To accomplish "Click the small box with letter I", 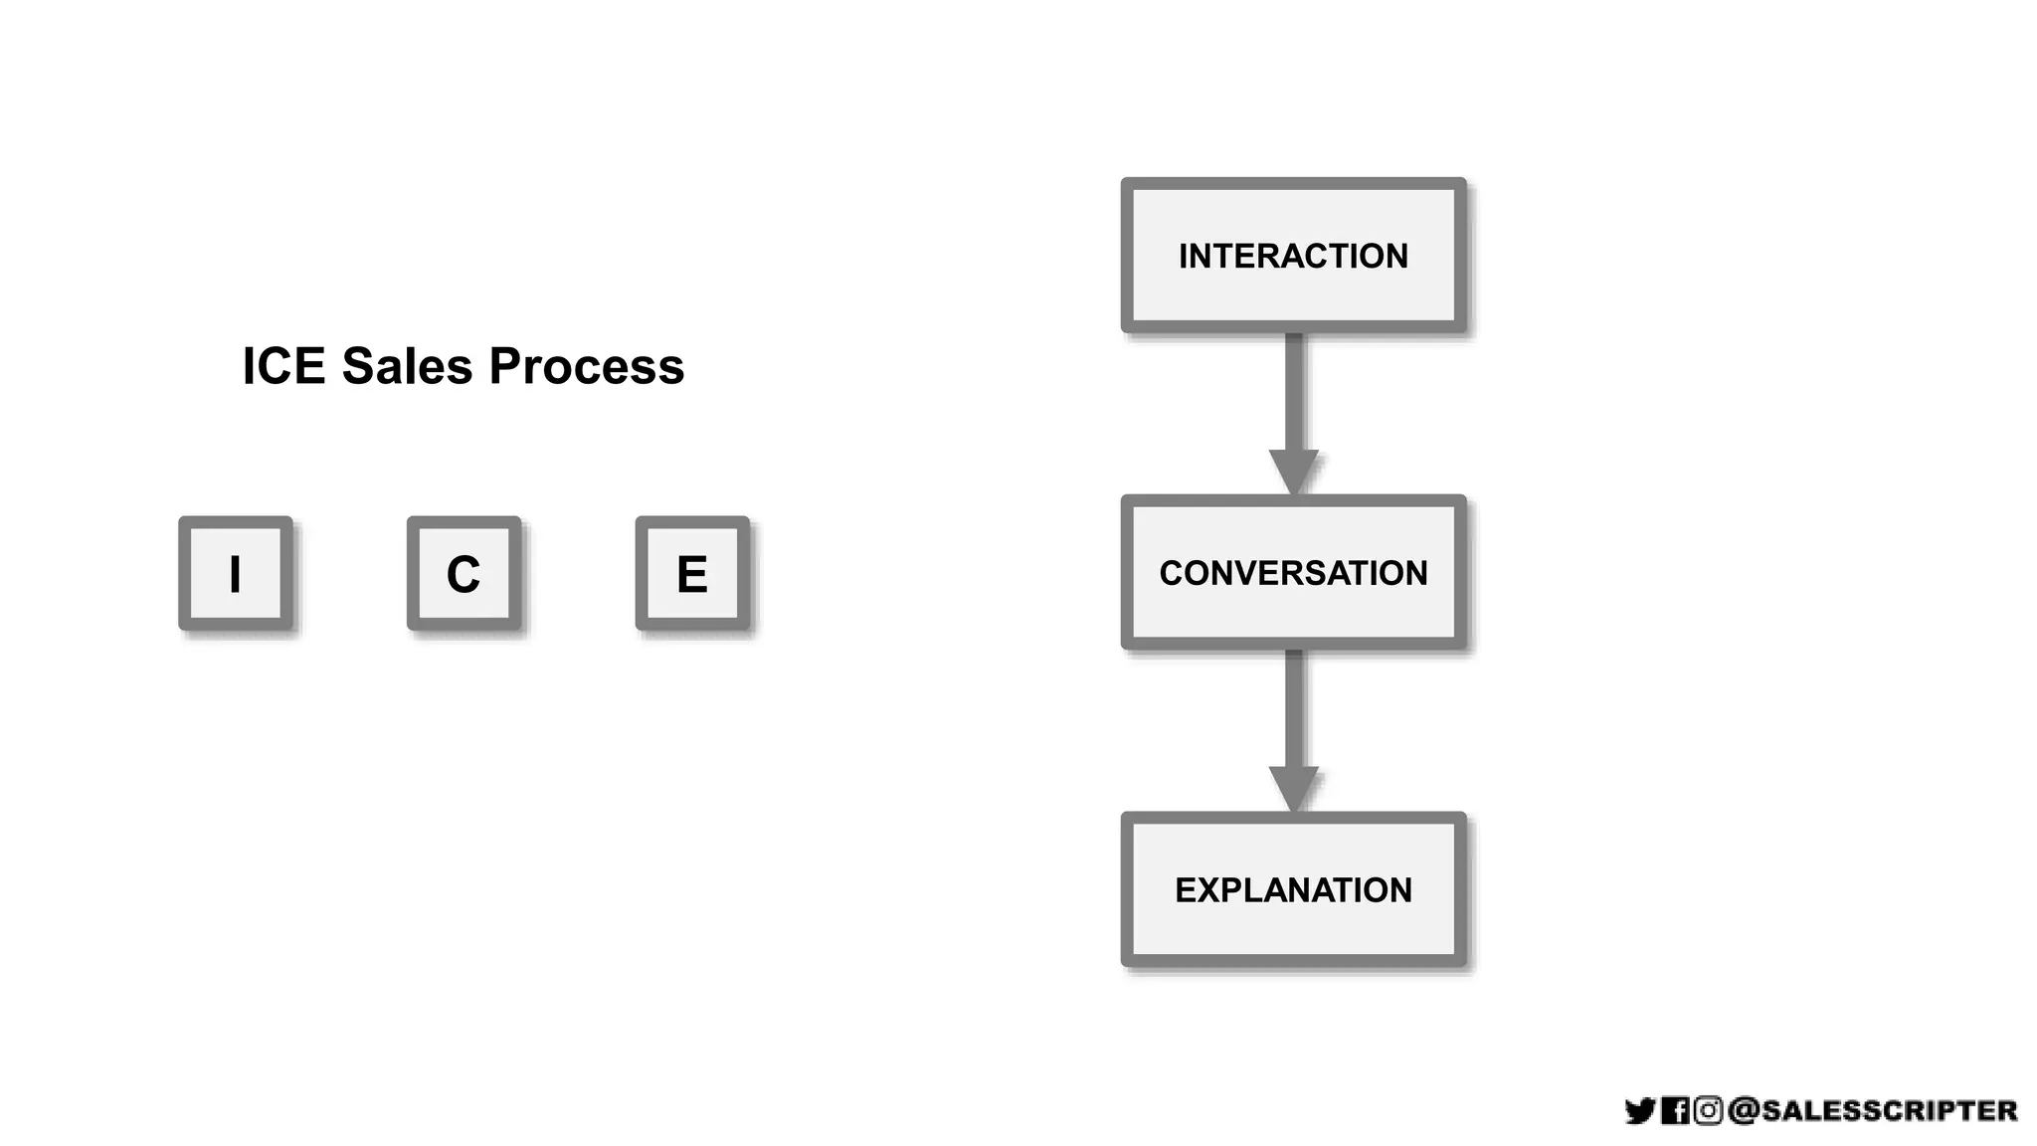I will [x=236, y=573].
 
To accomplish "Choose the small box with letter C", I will [x=463, y=573].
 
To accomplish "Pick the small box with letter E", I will [x=692, y=573].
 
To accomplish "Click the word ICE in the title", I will [x=283, y=366].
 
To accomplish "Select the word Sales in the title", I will [x=407, y=366].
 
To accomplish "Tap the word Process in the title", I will [x=586, y=366].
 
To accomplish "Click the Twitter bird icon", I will [x=1639, y=1110].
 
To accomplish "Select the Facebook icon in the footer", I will [x=1675, y=1110].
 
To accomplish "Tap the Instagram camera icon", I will [x=1708, y=1110].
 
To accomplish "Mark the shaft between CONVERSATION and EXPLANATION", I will [x=1293, y=706].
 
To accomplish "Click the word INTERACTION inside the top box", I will [x=1293, y=256].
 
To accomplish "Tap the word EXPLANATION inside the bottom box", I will [x=1293, y=889].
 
